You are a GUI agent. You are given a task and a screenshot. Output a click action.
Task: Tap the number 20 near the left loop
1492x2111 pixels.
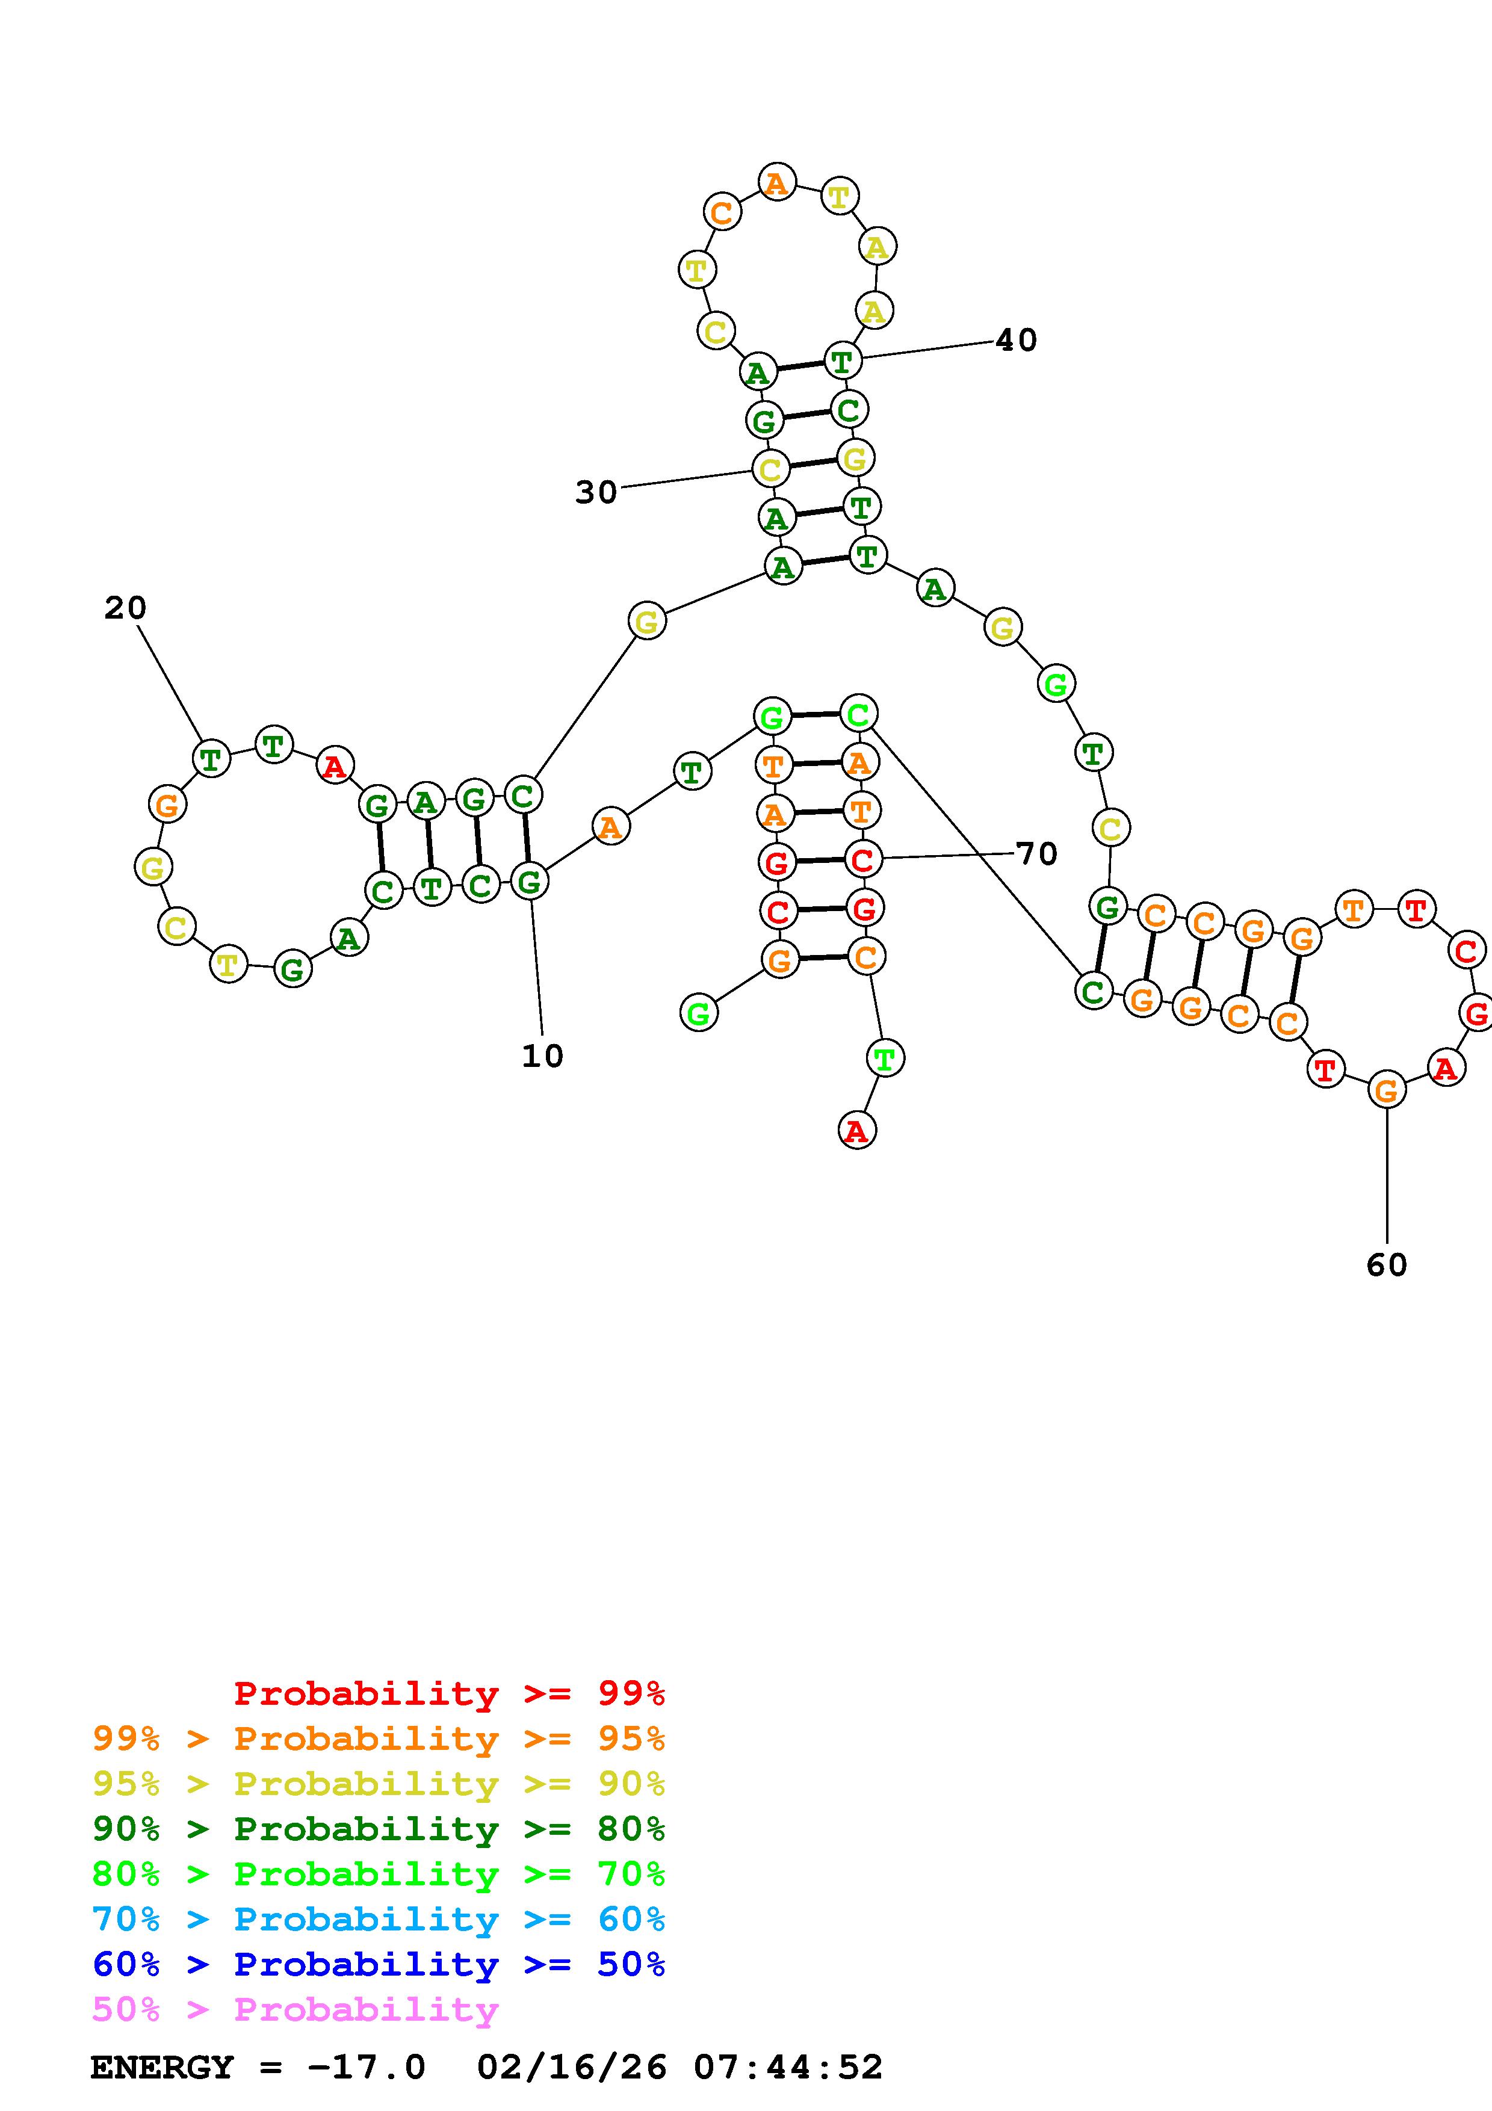[x=125, y=608]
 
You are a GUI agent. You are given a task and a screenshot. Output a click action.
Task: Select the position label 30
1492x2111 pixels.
[x=596, y=493]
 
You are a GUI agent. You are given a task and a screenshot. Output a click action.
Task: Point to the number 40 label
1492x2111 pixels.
[x=1016, y=340]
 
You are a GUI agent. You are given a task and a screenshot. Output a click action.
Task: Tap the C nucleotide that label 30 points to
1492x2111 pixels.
[x=770, y=470]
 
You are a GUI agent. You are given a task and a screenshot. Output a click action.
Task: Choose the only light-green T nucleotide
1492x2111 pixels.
[x=884, y=1059]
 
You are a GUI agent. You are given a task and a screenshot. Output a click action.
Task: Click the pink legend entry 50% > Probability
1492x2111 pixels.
[x=295, y=2010]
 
